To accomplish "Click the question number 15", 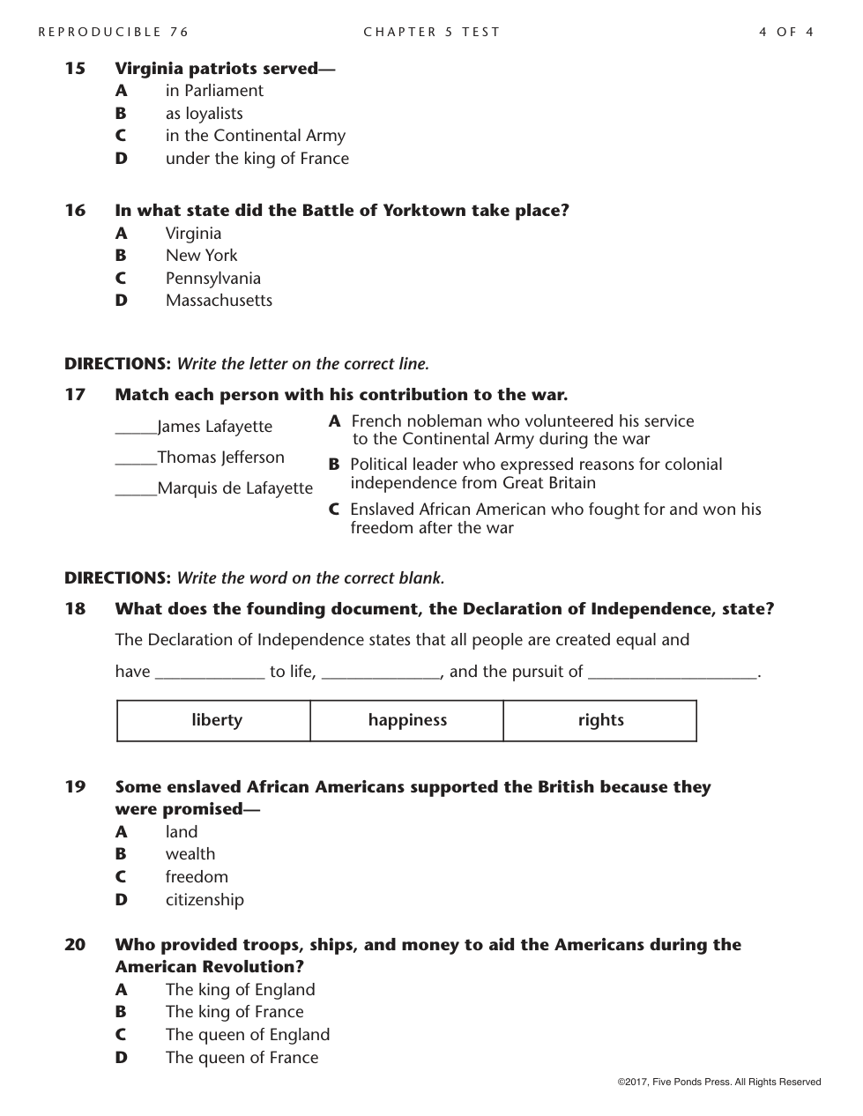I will tap(75, 69).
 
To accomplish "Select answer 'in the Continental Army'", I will tap(255, 136).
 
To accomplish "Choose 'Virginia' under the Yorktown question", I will tap(193, 234).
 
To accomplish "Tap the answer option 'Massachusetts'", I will tap(219, 301).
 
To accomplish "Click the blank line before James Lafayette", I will tap(136, 431).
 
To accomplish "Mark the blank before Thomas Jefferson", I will tap(136, 462).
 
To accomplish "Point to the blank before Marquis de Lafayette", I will tap(136, 493).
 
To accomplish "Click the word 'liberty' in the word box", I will tap(216, 720).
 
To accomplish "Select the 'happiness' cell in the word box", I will tap(407, 720).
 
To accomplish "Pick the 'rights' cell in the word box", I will tap(600, 720).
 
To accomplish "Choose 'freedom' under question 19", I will tap(197, 877).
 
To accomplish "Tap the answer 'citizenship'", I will tap(205, 900).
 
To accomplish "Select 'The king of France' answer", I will tap(234, 1012).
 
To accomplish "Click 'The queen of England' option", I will tap(247, 1035).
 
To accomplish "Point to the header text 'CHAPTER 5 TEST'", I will tap(431, 33).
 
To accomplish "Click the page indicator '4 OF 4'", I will tap(785, 33).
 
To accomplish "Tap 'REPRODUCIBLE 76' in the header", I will tap(114, 33).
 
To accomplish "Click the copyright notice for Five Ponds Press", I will tap(718, 1082).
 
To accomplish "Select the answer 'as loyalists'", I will tap(204, 114).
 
